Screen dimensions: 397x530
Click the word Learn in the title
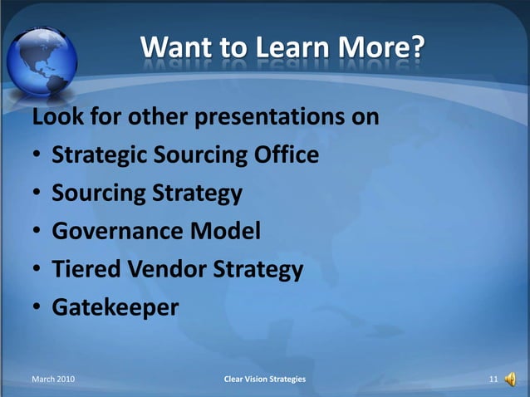(279, 49)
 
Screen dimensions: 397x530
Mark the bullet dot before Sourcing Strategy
(38, 194)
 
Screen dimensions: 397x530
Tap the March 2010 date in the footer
(52, 380)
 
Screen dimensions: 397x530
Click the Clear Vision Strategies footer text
(265, 380)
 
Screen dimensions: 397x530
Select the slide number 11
(493, 380)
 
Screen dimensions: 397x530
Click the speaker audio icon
(509, 380)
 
